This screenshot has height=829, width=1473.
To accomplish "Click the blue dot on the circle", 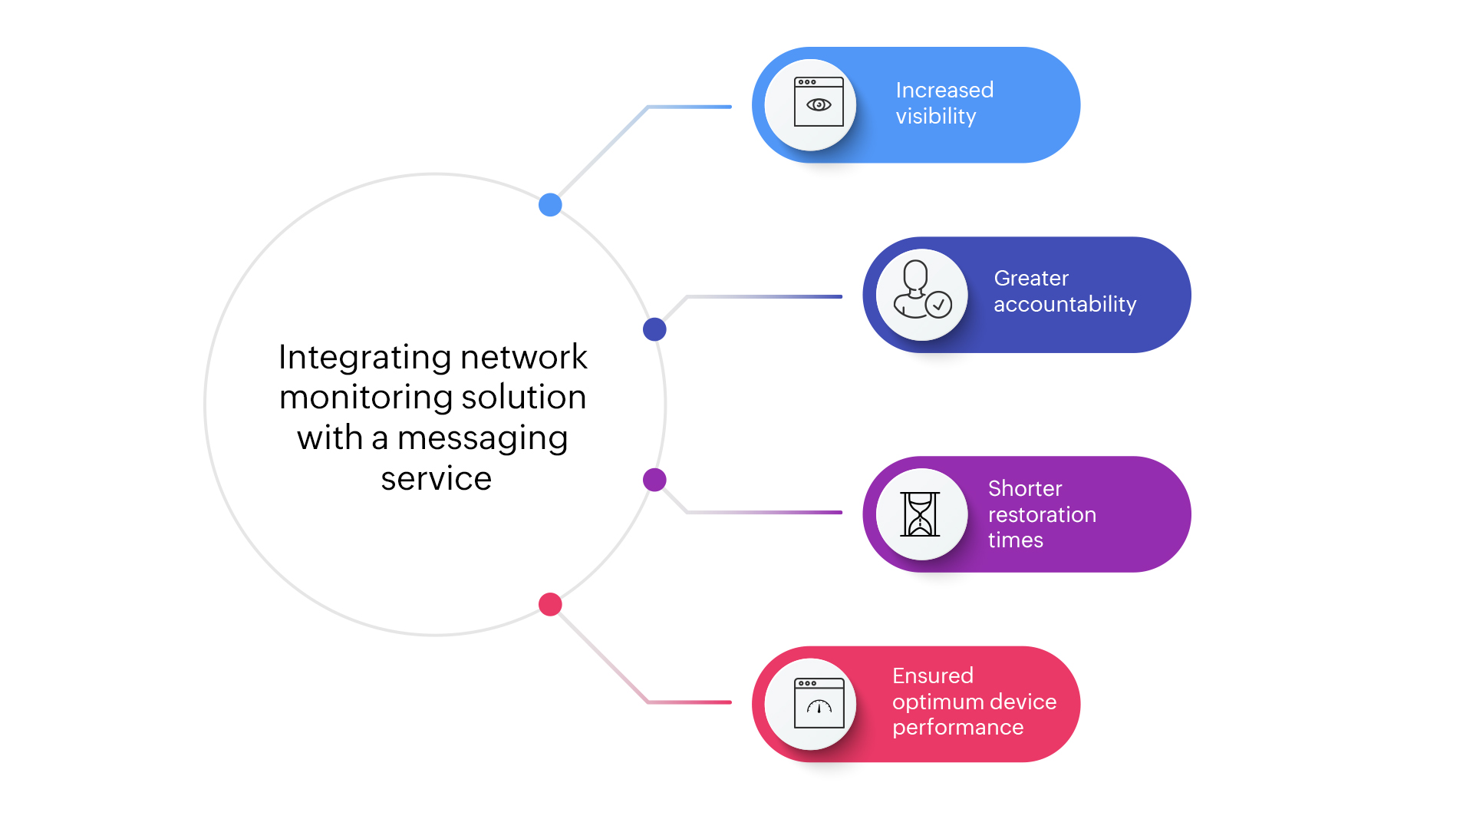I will pyautogui.click(x=550, y=205).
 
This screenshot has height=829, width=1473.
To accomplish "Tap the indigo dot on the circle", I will pyautogui.click(x=654, y=329).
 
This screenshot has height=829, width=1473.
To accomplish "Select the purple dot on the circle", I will pyautogui.click(x=654, y=480).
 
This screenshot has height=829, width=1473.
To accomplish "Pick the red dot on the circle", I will pyautogui.click(x=550, y=605).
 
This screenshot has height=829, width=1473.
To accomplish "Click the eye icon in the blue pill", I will pyautogui.click(x=819, y=104).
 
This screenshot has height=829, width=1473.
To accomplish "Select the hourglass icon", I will pyautogui.click(x=920, y=514).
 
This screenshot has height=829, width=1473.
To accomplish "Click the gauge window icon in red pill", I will pyautogui.click(x=819, y=703).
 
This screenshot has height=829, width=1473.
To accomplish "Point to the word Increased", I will pyautogui.click(x=944, y=91).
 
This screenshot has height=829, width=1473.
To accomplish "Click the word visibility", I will pyautogui.click(x=936, y=117).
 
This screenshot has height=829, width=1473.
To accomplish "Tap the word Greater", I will pyautogui.click(x=1031, y=279).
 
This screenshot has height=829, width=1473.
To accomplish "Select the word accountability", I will pyautogui.click(x=1065, y=305).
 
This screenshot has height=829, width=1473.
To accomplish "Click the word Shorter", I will pyautogui.click(x=1025, y=489).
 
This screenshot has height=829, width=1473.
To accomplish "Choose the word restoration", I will pyautogui.click(x=1042, y=515).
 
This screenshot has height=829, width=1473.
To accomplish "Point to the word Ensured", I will pyautogui.click(x=933, y=676).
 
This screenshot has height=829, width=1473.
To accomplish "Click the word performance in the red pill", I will pyautogui.click(x=957, y=728).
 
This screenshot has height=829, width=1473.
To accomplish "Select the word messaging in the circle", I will pyautogui.click(x=483, y=438).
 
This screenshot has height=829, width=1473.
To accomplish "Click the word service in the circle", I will pyautogui.click(x=436, y=479).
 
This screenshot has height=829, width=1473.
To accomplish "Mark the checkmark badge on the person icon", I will pyautogui.click(x=938, y=305).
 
